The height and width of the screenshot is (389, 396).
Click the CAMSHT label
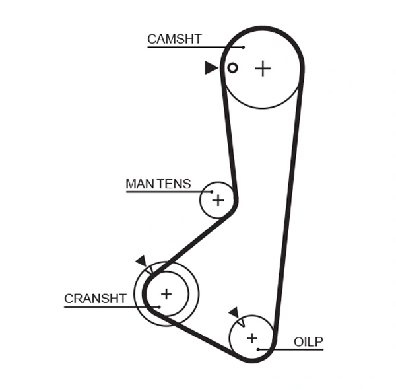pyautogui.click(x=174, y=39)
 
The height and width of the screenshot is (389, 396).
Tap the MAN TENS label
pyautogui.click(x=158, y=184)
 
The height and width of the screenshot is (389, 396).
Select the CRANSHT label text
pyautogui.click(x=95, y=299)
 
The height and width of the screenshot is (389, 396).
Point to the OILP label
pyautogui.click(x=308, y=341)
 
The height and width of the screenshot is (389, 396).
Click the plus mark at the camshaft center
pyautogui.click(x=263, y=68)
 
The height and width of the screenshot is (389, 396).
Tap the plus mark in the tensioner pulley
pyautogui.click(x=218, y=200)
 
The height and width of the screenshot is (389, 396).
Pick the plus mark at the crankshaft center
pyautogui.click(x=166, y=293)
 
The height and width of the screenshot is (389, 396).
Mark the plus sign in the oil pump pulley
pyautogui.click(x=251, y=338)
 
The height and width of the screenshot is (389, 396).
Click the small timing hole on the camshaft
pyautogui.click(x=232, y=67)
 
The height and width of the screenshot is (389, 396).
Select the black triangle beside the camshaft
pyautogui.click(x=211, y=67)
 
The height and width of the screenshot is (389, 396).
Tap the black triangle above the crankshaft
pyautogui.click(x=141, y=261)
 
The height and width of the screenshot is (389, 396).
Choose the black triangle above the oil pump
pyautogui.click(x=234, y=312)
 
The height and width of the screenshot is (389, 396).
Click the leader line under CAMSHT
pyautogui.click(x=191, y=48)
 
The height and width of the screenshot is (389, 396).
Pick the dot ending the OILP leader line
pyautogui.click(x=258, y=349)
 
